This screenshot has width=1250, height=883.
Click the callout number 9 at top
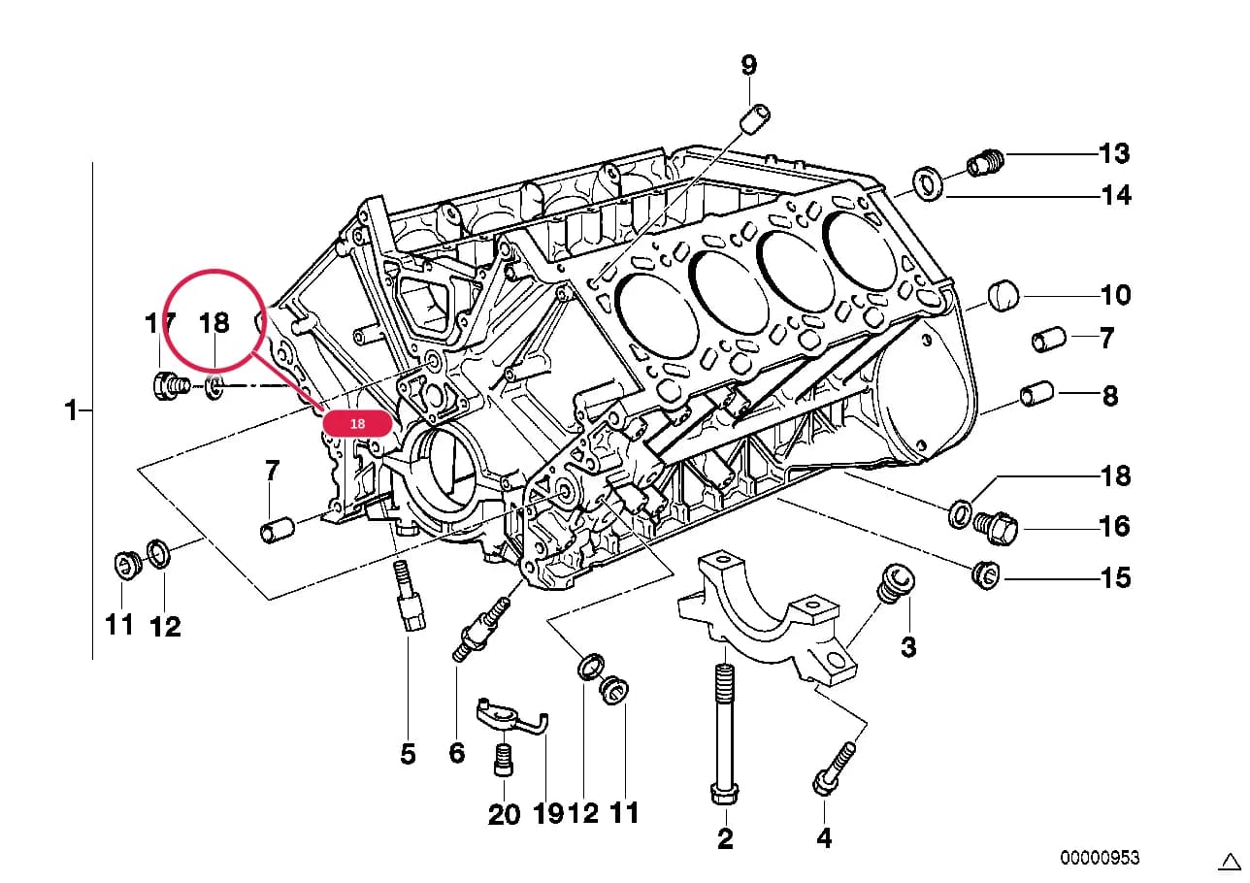[x=749, y=65]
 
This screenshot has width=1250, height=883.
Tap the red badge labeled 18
[x=358, y=423]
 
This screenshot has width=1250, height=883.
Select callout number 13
[x=1114, y=153]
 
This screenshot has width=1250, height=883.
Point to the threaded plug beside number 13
[x=985, y=163]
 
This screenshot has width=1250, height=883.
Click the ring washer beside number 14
[x=928, y=183]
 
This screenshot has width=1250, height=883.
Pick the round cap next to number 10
[x=1003, y=296]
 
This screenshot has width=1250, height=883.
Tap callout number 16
[x=1114, y=526]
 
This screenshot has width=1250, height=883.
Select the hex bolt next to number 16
[x=996, y=528]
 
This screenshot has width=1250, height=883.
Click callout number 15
[x=1115, y=578]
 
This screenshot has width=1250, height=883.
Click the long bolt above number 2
[x=725, y=734]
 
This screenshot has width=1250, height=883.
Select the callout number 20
[x=504, y=814]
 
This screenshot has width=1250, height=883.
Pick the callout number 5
[x=408, y=754]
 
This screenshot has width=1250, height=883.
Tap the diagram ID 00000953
[x=1100, y=858]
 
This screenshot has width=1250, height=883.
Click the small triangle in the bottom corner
[x=1229, y=862]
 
